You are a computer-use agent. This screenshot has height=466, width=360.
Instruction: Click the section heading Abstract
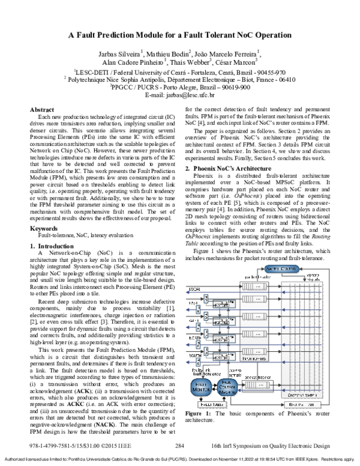[x=43, y=110]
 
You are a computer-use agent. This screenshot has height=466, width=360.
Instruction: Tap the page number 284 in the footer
[x=179, y=446]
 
